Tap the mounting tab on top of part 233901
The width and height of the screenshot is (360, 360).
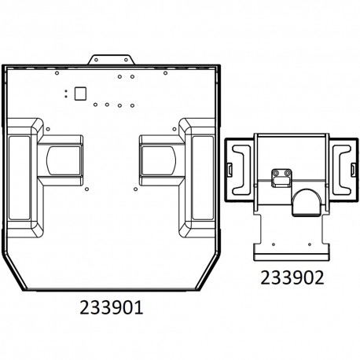[x=115, y=60]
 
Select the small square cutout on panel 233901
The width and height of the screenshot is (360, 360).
[x=78, y=92]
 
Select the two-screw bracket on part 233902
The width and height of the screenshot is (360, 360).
[x=281, y=178]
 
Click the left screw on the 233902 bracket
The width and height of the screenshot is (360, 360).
[x=275, y=173]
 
